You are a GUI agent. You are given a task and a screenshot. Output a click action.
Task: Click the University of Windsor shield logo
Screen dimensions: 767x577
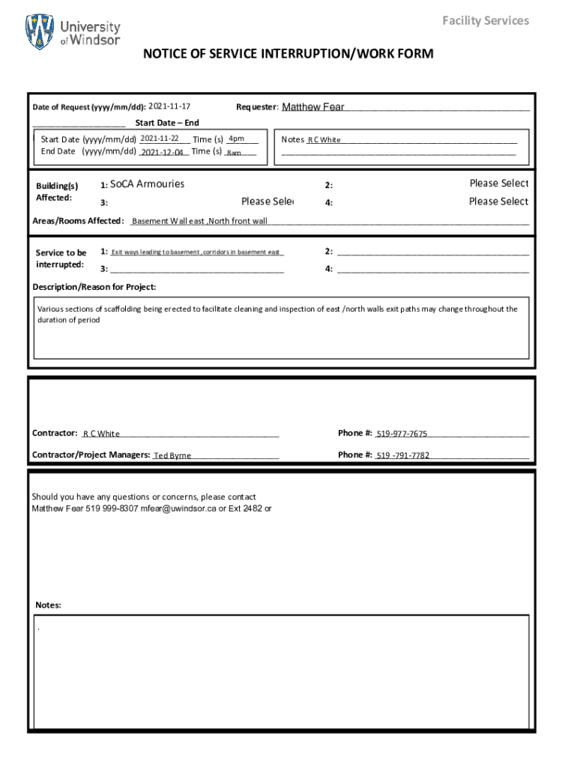point(40,31)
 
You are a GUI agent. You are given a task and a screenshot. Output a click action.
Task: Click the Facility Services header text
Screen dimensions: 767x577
point(485,20)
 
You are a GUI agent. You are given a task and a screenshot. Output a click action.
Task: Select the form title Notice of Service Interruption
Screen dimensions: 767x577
point(288,54)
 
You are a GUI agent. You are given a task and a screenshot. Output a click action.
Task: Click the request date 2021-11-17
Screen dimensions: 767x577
point(169,106)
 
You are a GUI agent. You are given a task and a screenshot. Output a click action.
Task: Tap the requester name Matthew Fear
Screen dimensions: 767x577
point(313,107)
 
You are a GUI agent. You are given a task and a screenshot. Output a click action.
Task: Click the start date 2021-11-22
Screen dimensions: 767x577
point(159,139)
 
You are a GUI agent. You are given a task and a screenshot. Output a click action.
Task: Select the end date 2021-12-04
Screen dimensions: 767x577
point(162,152)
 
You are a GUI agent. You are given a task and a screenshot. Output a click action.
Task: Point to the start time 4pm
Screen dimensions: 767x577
point(237,139)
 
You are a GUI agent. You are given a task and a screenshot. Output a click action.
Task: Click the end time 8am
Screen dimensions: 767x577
point(234,153)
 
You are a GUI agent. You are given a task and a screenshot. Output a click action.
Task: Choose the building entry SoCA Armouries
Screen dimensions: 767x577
point(147,184)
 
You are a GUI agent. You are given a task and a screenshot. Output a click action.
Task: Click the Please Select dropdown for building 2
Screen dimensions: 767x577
point(498,184)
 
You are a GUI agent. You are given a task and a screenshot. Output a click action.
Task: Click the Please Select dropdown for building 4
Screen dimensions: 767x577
point(498,201)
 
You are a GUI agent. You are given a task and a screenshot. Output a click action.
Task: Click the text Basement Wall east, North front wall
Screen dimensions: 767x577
point(199,221)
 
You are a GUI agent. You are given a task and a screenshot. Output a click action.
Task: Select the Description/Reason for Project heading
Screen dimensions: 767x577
point(94,287)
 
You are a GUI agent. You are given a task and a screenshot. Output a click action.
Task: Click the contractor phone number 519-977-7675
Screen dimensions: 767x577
point(402,434)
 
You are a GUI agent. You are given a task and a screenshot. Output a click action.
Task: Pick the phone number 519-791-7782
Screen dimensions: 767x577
point(402,455)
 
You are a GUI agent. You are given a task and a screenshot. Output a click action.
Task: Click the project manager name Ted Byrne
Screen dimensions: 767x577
point(172,455)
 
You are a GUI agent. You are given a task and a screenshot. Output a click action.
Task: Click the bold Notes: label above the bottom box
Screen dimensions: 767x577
point(49,605)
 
